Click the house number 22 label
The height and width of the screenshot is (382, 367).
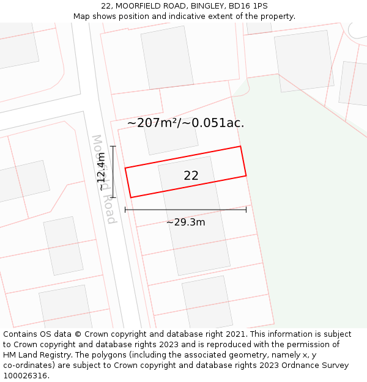coord(191,175)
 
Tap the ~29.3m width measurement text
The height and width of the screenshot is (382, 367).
coord(185,222)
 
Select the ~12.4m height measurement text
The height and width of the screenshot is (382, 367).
coord(102,172)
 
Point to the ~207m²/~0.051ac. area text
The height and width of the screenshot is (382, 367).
coord(185,123)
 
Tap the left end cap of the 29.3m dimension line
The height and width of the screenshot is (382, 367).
coord(125,210)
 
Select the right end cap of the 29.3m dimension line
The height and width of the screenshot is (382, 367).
coord(246,210)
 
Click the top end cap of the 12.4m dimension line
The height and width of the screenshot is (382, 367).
coord(113,146)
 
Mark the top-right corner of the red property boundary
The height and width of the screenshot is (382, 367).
coord(240,146)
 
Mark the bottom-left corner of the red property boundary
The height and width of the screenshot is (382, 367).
coord(131,197)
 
